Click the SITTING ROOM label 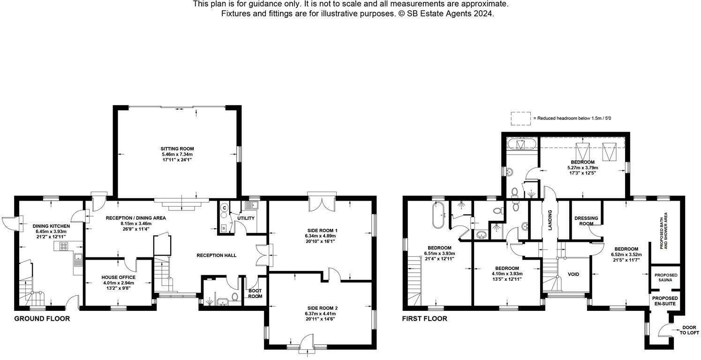[177, 149]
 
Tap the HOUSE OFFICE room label [118, 277]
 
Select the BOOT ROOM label [255, 293]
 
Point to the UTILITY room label [246, 218]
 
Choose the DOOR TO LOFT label [689, 330]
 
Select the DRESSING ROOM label [586, 221]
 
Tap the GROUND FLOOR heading [42, 319]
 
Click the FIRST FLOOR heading [424, 319]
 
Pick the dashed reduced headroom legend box [521, 119]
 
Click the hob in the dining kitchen [63, 245]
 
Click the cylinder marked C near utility [224, 207]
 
